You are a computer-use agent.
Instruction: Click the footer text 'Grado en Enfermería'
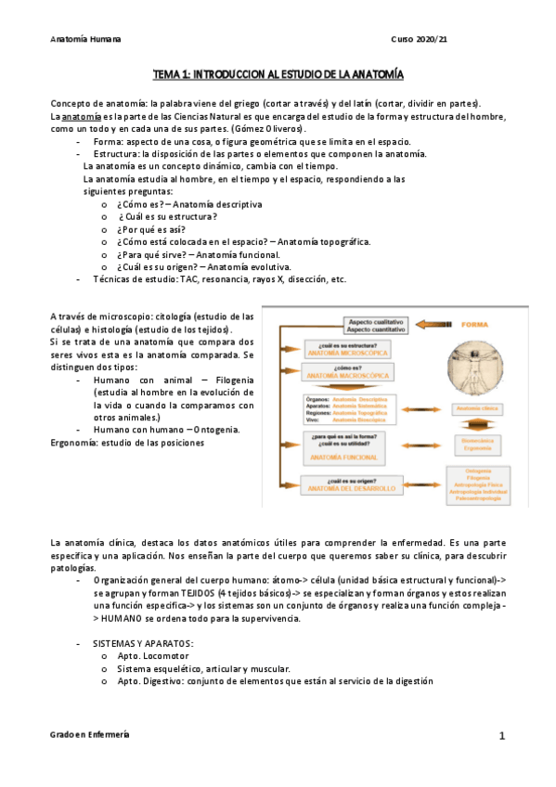[x=90, y=734]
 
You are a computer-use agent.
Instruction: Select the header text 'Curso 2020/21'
[x=420, y=40]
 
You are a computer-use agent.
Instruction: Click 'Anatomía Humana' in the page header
[x=86, y=40]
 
